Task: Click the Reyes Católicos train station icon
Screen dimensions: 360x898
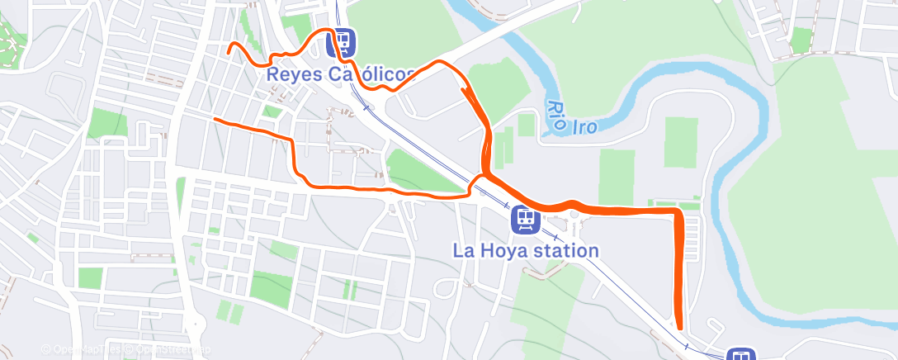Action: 341,40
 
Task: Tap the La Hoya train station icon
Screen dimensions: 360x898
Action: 525,219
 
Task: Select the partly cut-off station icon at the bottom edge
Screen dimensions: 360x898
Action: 740,355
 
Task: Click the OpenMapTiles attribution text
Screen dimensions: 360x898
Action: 83,350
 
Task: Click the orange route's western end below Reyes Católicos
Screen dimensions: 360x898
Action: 215,121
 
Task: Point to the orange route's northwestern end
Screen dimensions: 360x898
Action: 229,52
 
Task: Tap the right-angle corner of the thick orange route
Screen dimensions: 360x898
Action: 678,212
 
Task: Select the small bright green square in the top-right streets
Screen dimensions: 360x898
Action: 800,40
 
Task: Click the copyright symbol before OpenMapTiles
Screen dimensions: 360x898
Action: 46,350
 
